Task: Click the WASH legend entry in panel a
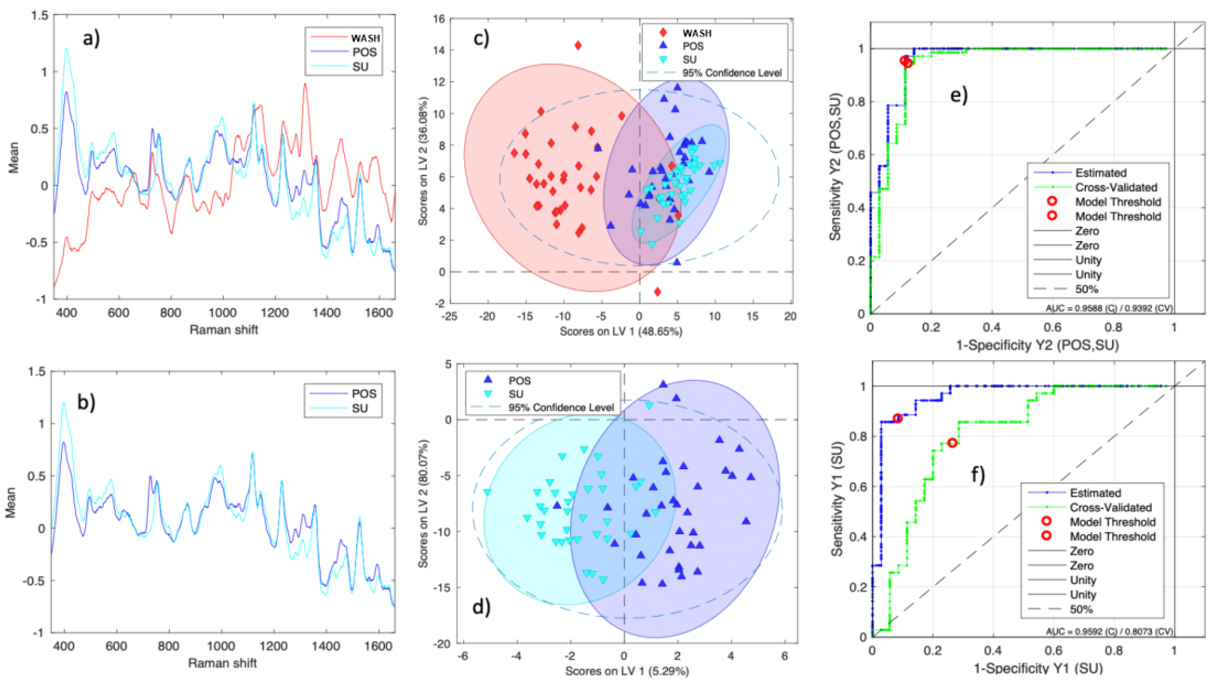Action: [x=365, y=38]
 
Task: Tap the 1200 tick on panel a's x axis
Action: [x=275, y=313]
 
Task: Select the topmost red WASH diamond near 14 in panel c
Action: [x=578, y=45]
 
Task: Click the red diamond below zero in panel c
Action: [x=657, y=292]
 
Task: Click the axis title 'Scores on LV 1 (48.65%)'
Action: [x=621, y=332]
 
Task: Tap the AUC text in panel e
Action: [x=1109, y=308]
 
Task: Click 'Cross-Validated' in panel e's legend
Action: [x=1116, y=188]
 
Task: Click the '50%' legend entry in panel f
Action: [x=1081, y=609]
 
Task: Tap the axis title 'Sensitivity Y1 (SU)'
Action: [x=837, y=499]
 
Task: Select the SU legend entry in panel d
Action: [x=516, y=394]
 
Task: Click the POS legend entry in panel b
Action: [x=364, y=394]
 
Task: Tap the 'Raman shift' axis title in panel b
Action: [x=222, y=663]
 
